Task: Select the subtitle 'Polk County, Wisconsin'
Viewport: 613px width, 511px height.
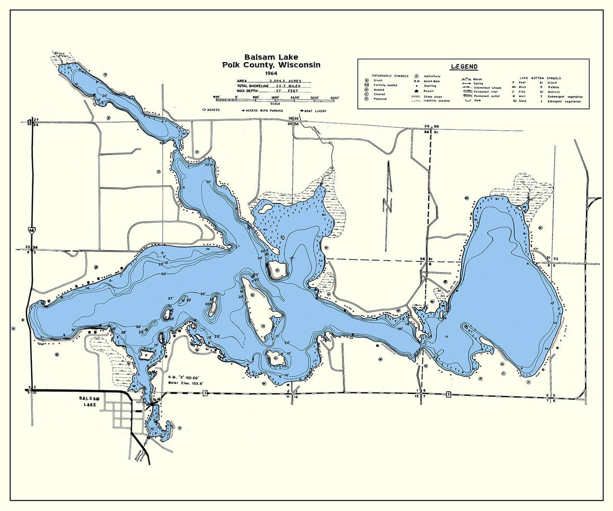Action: click(x=271, y=65)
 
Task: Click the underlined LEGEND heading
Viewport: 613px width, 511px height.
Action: click(x=465, y=67)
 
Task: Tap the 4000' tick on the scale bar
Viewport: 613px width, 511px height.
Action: click(x=334, y=97)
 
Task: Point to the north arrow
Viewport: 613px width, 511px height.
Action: click(x=388, y=187)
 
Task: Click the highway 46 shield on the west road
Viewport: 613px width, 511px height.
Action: click(x=31, y=229)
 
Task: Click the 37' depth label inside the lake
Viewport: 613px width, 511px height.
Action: click(x=171, y=299)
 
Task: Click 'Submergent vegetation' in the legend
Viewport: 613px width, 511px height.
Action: click(x=569, y=96)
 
